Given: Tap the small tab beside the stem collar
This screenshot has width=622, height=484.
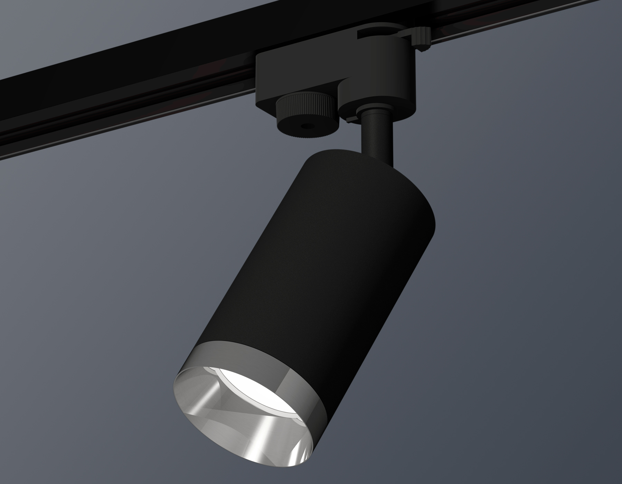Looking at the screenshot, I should click(x=351, y=119).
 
